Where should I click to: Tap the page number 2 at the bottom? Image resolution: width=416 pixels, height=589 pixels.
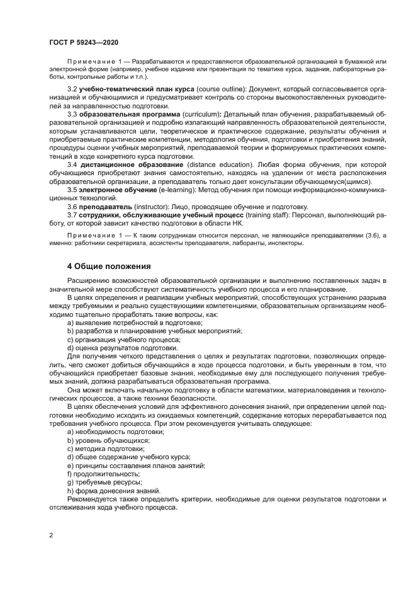click(x=52, y=535)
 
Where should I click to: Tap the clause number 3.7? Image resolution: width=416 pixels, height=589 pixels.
click(x=72, y=215)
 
